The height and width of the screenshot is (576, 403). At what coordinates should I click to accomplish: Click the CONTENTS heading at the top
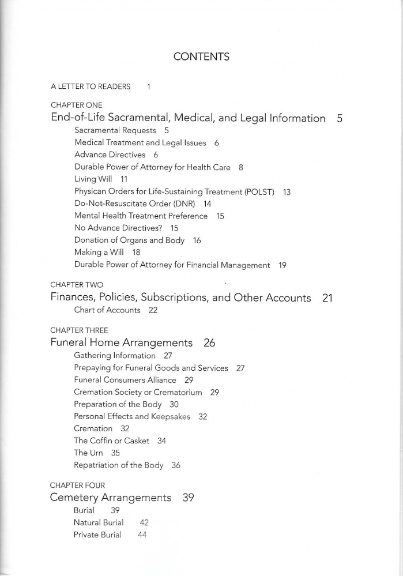click(201, 57)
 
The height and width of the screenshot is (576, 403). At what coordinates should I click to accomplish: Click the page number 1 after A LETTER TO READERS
click(149, 86)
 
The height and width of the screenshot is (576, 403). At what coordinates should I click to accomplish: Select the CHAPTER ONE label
click(76, 106)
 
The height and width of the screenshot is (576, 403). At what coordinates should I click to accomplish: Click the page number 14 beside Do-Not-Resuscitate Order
click(208, 204)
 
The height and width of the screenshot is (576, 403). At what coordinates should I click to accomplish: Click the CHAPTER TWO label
click(77, 285)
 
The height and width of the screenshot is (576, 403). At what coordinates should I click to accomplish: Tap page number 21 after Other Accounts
click(327, 298)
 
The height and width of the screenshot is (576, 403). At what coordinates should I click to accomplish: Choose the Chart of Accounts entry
click(107, 310)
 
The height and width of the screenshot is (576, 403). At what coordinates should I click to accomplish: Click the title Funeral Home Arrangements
click(122, 342)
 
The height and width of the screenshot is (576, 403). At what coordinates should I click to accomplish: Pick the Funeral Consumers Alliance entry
click(125, 380)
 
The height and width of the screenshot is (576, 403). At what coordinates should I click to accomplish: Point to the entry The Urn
click(88, 453)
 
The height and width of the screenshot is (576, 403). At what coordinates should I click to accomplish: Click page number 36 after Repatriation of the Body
click(176, 465)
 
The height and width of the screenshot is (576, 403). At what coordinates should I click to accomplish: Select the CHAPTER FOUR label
click(78, 485)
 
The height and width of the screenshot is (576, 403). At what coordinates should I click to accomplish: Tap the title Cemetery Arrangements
click(111, 498)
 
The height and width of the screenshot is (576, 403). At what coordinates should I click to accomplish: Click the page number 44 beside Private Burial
click(142, 535)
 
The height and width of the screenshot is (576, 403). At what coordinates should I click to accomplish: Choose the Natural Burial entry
click(99, 522)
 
